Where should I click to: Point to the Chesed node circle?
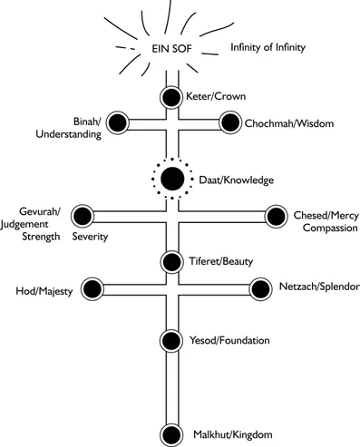coord(274,216)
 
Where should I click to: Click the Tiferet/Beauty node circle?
coord(171,262)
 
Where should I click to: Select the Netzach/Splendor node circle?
coord(261,289)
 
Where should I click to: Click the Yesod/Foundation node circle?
coord(171,341)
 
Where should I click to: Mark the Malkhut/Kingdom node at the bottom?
coord(171,433)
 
